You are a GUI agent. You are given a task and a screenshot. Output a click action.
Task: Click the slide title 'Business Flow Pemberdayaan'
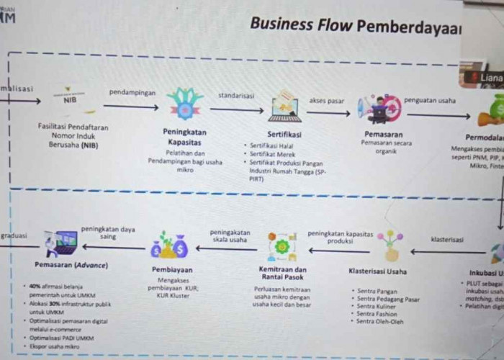(356, 24)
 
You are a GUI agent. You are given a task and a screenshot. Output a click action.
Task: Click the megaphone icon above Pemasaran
(379, 108)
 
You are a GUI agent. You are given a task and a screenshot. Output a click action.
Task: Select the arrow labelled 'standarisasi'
(237, 110)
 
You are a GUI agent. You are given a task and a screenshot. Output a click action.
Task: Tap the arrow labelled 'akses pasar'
(328, 113)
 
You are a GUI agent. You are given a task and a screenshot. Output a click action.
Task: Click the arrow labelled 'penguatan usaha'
(438, 114)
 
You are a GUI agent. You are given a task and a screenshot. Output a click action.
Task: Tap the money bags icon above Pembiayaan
(170, 246)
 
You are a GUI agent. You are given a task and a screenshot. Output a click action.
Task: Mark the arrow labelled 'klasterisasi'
(446, 251)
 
